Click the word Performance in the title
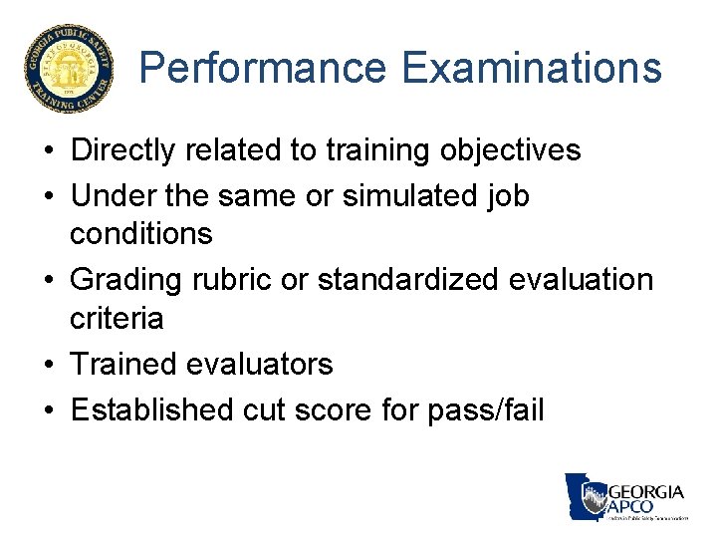click(x=264, y=69)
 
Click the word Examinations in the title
click(x=532, y=69)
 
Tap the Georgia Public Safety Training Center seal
click(x=69, y=69)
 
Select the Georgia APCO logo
click(x=626, y=497)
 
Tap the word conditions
click(x=141, y=234)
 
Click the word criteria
click(x=117, y=319)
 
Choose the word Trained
click(x=123, y=365)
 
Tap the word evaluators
click(x=260, y=365)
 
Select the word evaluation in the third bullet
click(x=581, y=280)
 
